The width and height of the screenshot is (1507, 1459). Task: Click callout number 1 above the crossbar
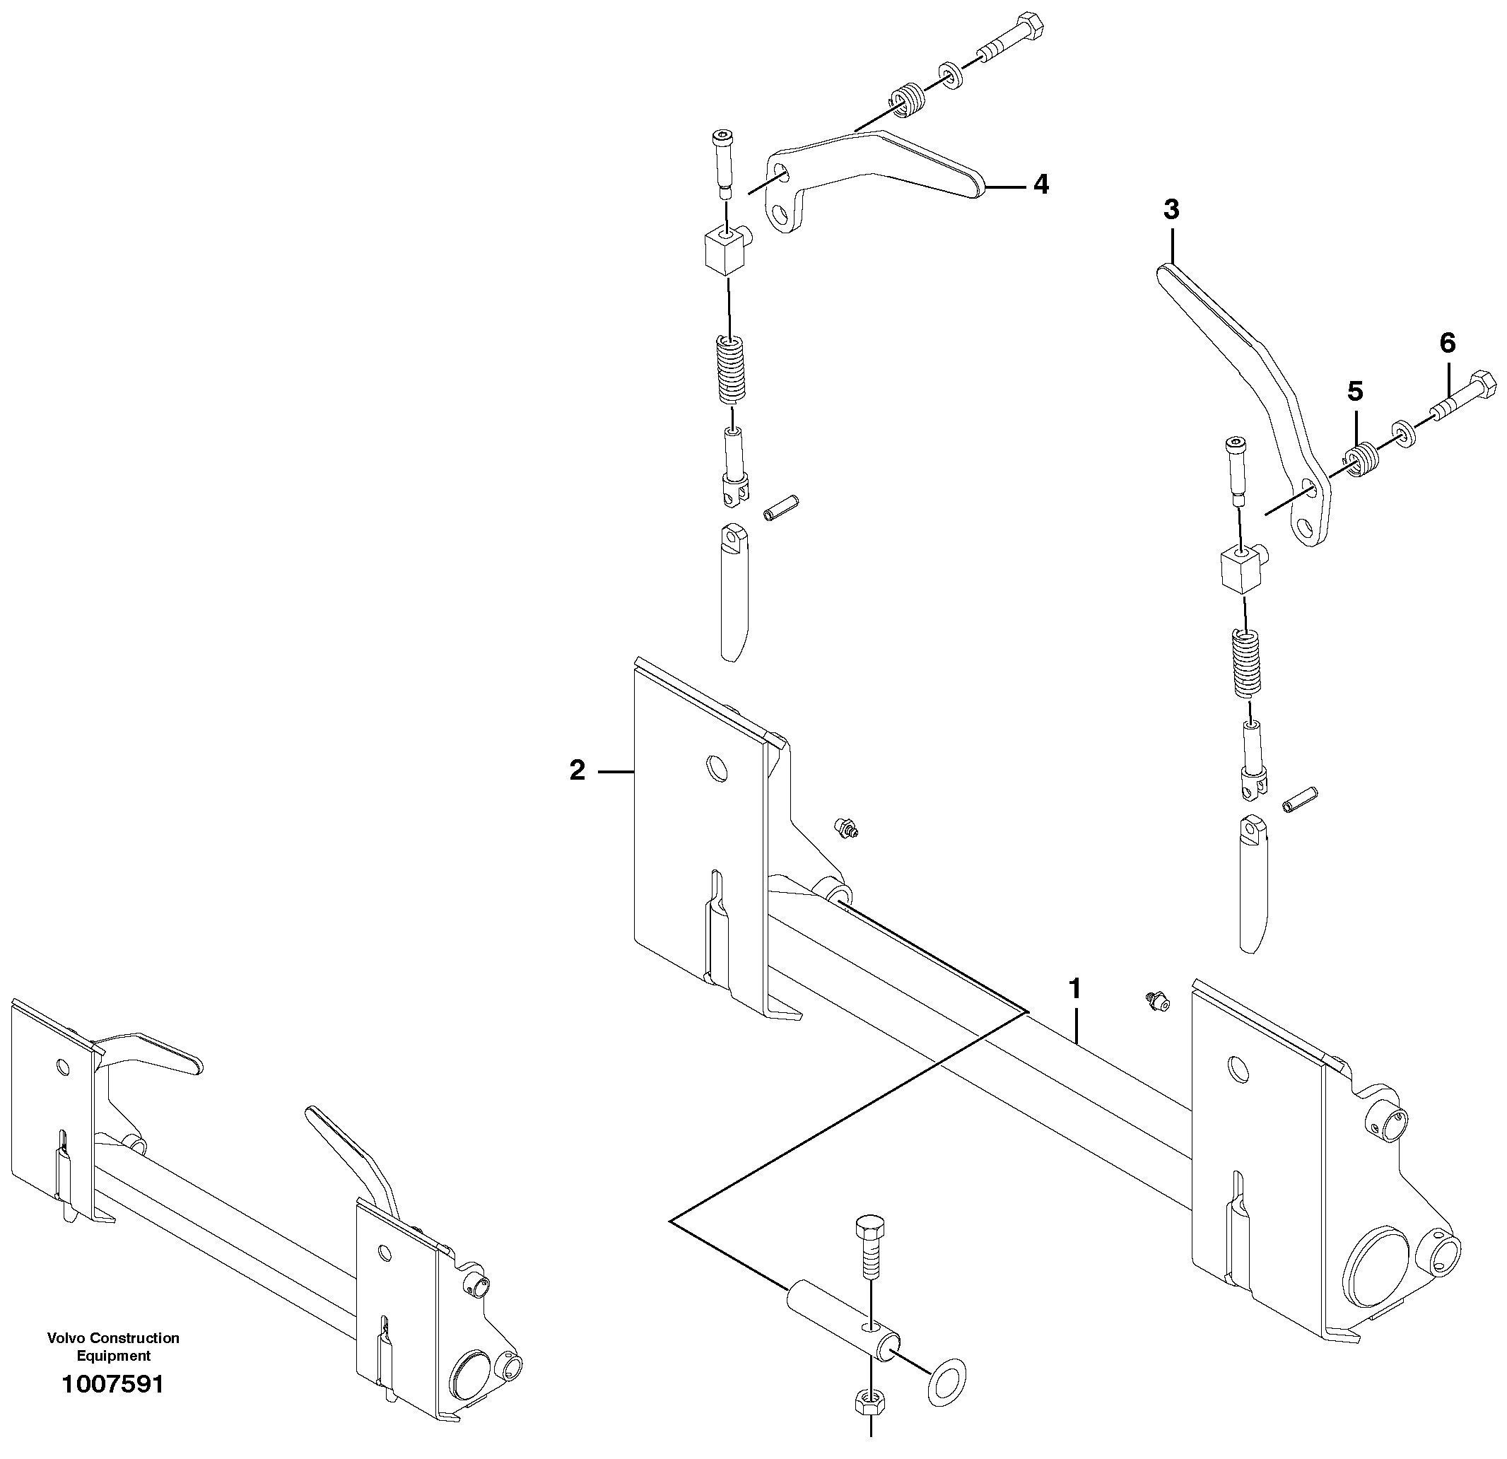(x=1076, y=989)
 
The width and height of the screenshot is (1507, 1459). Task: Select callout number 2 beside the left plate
(x=577, y=770)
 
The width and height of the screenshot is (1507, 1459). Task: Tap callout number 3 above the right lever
(x=1171, y=209)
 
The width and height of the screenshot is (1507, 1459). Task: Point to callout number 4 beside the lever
(x=1040, y=184)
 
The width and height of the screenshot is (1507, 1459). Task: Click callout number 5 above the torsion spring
(x=1355, y=392)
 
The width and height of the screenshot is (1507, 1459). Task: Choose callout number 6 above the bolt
(x=1447, y=343)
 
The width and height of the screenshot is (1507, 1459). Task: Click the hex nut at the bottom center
(x=870, y=1400)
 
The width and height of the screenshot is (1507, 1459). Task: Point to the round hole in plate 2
(x=717, y=767)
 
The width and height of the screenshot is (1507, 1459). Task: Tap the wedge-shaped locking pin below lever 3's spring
(x=1253, y=884)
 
